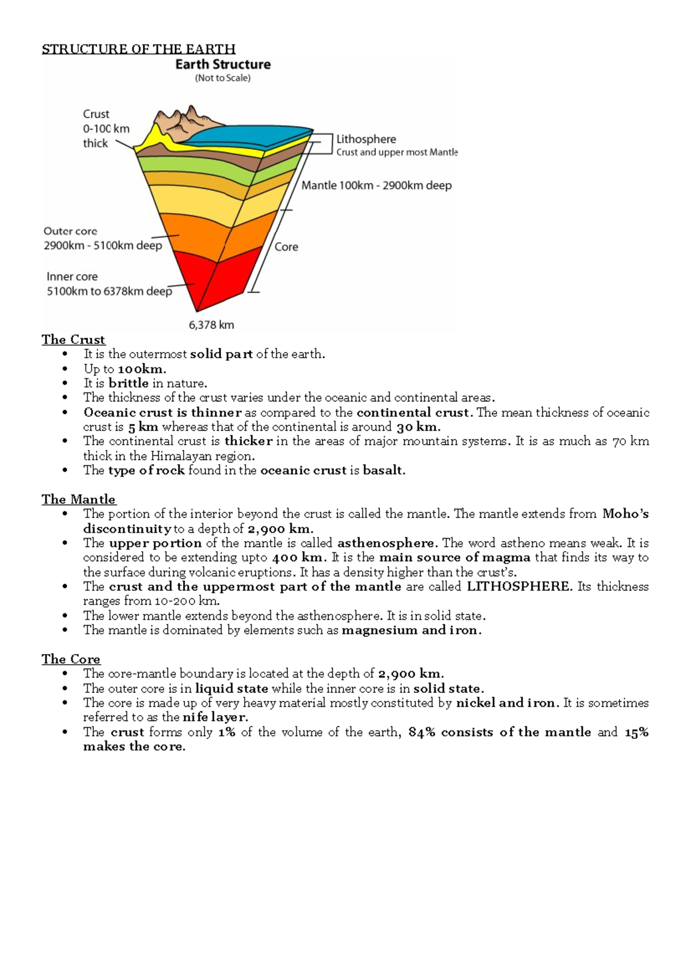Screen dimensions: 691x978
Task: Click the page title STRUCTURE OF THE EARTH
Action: pos(138,49)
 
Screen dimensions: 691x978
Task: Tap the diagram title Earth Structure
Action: pos(223,64)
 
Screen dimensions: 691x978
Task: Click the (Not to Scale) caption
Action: pos(223,78)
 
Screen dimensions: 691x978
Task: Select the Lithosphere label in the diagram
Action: pos(366,139)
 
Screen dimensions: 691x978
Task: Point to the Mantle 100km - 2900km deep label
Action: pos(377,185)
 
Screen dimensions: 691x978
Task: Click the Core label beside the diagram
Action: pos(286,247)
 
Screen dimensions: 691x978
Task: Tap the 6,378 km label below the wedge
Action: pos(211,325)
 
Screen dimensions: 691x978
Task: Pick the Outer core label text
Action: pos(70,231)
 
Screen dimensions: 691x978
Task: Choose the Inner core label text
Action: pos(72,276)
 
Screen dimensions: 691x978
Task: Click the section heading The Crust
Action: pos(73,340)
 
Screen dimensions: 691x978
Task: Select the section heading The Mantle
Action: pos(78,499)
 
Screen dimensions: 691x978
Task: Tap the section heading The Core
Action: pos(71,659)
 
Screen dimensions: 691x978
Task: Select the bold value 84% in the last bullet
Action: pos(422,732)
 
